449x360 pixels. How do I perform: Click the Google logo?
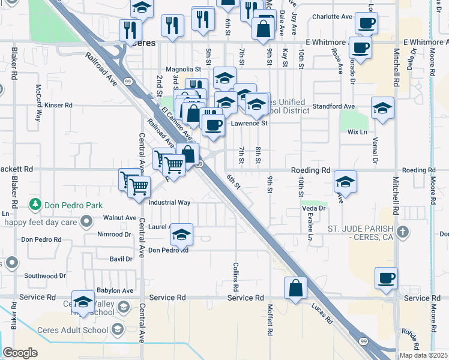[20, 353]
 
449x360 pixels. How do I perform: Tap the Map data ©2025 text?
[423, 355]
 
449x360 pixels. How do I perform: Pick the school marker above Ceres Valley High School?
[83, 302]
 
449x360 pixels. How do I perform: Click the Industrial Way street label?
[169, 203]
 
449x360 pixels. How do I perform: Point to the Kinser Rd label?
[58, 105]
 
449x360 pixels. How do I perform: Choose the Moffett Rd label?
[270, 322]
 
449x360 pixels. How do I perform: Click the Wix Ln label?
[357, 132]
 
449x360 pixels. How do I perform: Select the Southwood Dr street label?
[45, 276]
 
